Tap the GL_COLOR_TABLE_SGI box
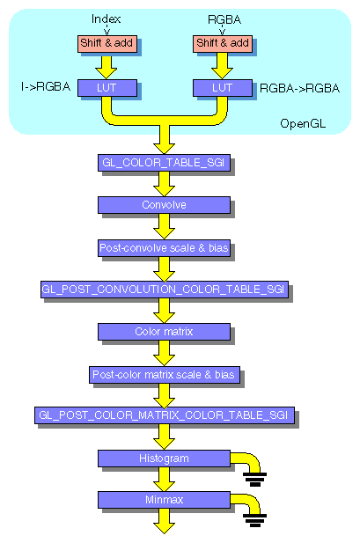coord(164,163)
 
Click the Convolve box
coord(164,205)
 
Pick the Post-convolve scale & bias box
coord(164,248)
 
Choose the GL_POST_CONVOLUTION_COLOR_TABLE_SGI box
coord(164,290)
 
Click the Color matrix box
coord(164,332)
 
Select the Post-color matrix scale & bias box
coord(164,375)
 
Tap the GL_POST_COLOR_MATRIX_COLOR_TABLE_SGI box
coord(164,415)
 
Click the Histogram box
coord(164,459)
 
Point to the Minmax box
coord(164,500)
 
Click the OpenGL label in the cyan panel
coord(302,122)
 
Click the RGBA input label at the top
coord(224,18)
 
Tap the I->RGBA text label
coord(45,88)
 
